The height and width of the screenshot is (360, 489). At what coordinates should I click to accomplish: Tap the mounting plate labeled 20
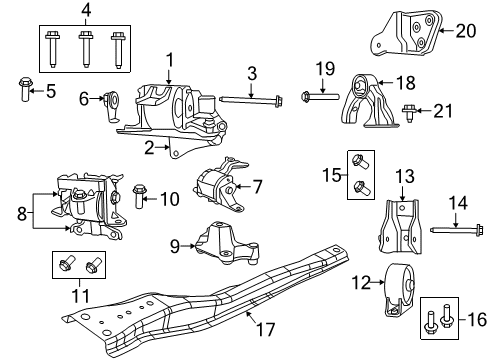tap(409, 32)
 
